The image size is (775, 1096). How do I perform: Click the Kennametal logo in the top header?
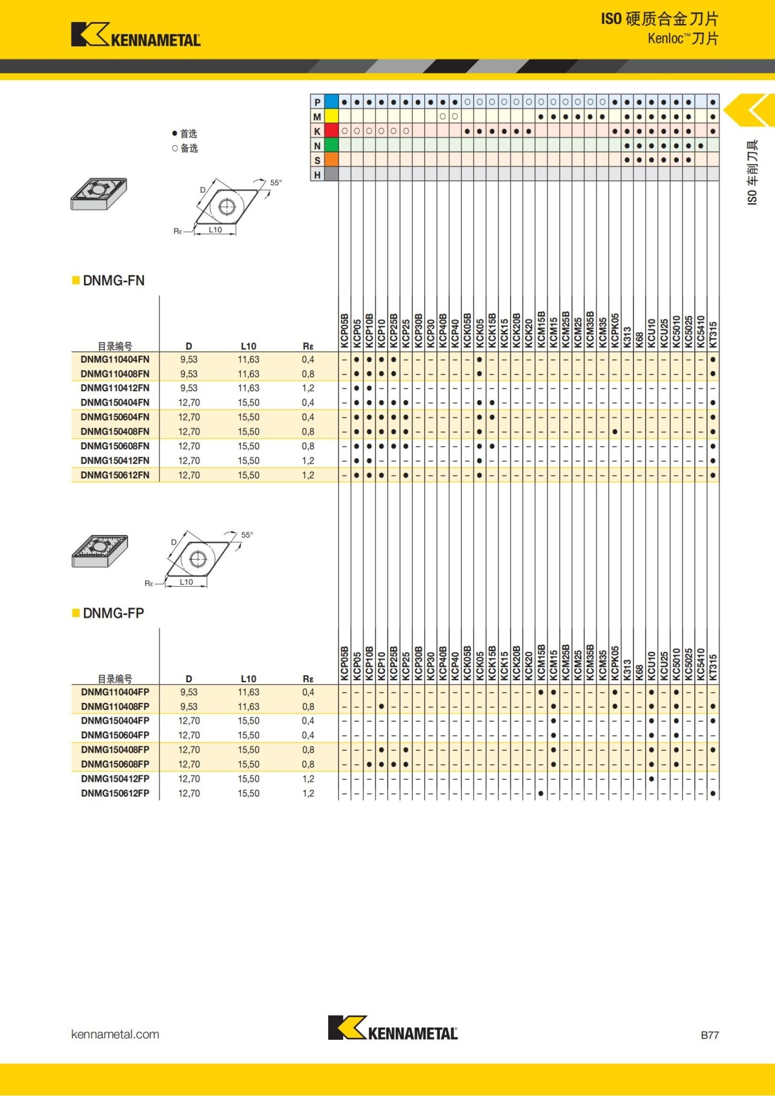pos(136,35)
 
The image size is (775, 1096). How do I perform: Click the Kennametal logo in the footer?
pos(393,1028)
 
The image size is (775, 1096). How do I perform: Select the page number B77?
pos(709,1035)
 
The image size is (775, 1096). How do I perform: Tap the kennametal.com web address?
pos(115,1034)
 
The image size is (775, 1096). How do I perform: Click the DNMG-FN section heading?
pos(114,281)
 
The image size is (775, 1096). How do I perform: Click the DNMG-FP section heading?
pos(113,613)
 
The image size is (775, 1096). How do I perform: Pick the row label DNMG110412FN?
pos(115,388)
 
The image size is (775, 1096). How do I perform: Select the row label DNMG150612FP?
pos(115,793)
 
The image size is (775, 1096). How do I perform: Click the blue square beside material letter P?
pos(331,102)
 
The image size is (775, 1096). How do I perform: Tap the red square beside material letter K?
pos(331,131)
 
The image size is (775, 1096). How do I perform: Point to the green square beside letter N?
pos(331,146)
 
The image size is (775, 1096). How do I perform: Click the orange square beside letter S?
pos(331,160)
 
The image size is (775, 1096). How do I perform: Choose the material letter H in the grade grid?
pos(317,175)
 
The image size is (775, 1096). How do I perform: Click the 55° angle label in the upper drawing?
pos(276,183)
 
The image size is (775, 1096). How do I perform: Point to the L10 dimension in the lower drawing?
pos(186,582)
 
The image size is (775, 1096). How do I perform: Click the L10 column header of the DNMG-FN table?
pos(248,346)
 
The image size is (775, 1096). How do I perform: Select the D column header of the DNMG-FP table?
pos(189,679)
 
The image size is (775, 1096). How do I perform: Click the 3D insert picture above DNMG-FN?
pos(99,194)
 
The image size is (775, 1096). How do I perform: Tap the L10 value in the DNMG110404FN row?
pos(248,360)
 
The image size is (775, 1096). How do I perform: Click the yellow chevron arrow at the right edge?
pos(750,111)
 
